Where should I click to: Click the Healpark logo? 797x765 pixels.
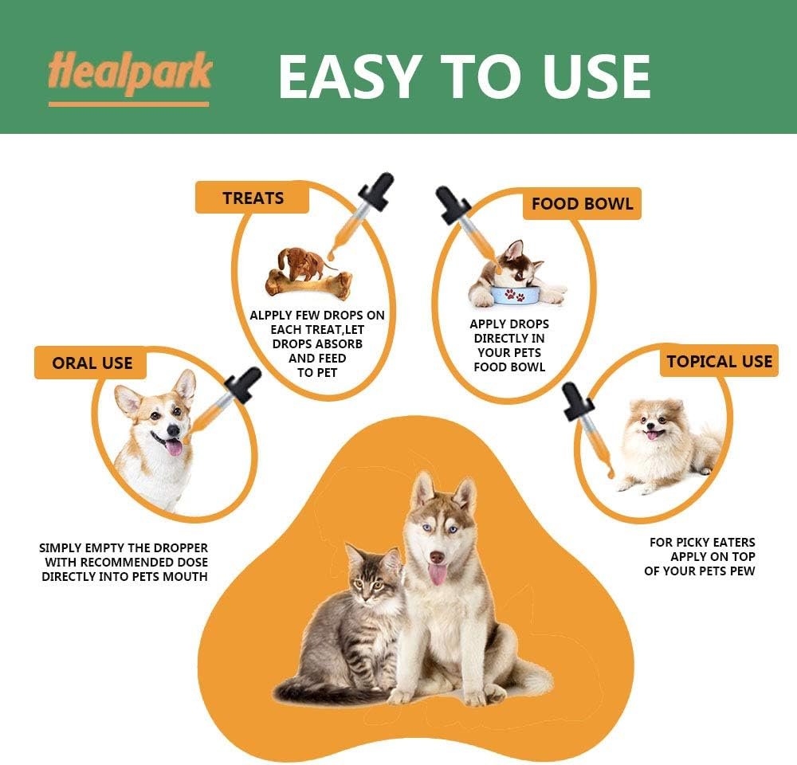pyautogui.click(x=129, y=74)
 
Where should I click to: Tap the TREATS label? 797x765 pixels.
pyautogui.click(x=253, y=198)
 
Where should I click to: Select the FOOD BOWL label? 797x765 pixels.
pyautogui.click(x=582, y=203)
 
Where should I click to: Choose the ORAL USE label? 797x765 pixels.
pyautogui.click(x=92, y=363)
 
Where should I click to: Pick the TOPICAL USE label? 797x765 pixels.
pyautogui.click(x=719, y=361)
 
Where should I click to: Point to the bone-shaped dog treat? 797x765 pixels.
pyautogui.click(x=309, y=281)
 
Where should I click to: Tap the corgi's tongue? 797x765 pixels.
pyautogui.click(x=173, y=446)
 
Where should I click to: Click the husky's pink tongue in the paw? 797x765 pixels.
pyautogui.click(x=438, y=574)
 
